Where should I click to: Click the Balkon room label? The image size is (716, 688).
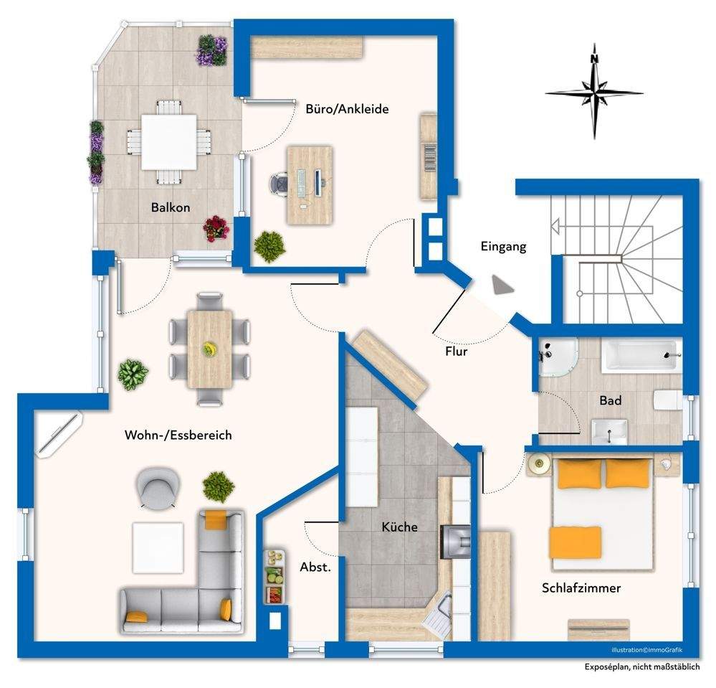click(x=171, y=207)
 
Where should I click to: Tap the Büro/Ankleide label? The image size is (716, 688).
click(x=347, y=109)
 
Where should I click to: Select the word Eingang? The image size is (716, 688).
click(x=503, y=247)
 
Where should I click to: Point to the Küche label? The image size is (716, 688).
click(x=399, y=527)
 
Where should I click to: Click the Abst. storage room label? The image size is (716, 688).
click(x=315, y=567)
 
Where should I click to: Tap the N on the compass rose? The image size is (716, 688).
click(x=594, y=59)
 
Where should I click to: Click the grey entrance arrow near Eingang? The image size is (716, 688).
click(x=502, y=285)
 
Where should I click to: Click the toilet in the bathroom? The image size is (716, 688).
click(x=667, y=400)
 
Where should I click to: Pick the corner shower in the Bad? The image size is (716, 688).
click(x=557, y=357)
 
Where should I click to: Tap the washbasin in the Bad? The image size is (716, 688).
click(x=609, y=432)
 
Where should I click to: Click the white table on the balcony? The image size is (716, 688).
click(x=169, y=142)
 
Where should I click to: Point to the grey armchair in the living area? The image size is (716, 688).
click(x=158, y=487)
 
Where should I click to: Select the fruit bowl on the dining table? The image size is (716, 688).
click(x=209, y=349)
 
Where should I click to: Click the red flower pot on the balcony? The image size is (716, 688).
click(x=216, y=228)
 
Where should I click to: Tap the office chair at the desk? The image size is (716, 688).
click(x=279, y=184)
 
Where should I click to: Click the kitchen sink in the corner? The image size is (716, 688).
click(x=439, y=614)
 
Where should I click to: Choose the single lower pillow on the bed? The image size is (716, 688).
click(x=576, y=542)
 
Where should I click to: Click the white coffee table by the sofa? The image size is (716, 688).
click(x=158, y=548)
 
